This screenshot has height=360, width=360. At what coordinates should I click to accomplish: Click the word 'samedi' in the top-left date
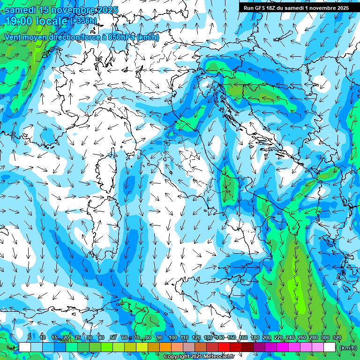[19, 10]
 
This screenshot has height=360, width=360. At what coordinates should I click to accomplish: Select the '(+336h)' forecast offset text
[83, 21]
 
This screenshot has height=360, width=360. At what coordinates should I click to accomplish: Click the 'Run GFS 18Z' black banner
[296, 8]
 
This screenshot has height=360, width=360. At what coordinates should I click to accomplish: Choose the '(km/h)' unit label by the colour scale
[347, 348]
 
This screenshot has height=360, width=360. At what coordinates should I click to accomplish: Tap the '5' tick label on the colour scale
[30, 338]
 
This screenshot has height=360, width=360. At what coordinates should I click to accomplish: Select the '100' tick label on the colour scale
[172, 338]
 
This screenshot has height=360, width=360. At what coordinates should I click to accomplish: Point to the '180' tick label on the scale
[255, 338]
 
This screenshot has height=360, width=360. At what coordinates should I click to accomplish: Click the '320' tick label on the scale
[337, 338]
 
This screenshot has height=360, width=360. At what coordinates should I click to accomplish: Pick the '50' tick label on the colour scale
[113, 338]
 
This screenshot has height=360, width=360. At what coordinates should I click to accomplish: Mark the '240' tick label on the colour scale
[290, 338]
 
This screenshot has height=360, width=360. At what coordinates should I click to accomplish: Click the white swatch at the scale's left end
[24, 347]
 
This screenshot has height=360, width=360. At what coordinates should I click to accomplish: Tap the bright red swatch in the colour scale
[224, 347]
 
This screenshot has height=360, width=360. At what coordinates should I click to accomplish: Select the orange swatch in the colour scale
[165, 347]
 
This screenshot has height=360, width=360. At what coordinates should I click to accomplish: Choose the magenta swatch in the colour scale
[282, 347]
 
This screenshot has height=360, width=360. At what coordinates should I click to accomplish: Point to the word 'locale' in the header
[51, 21]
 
